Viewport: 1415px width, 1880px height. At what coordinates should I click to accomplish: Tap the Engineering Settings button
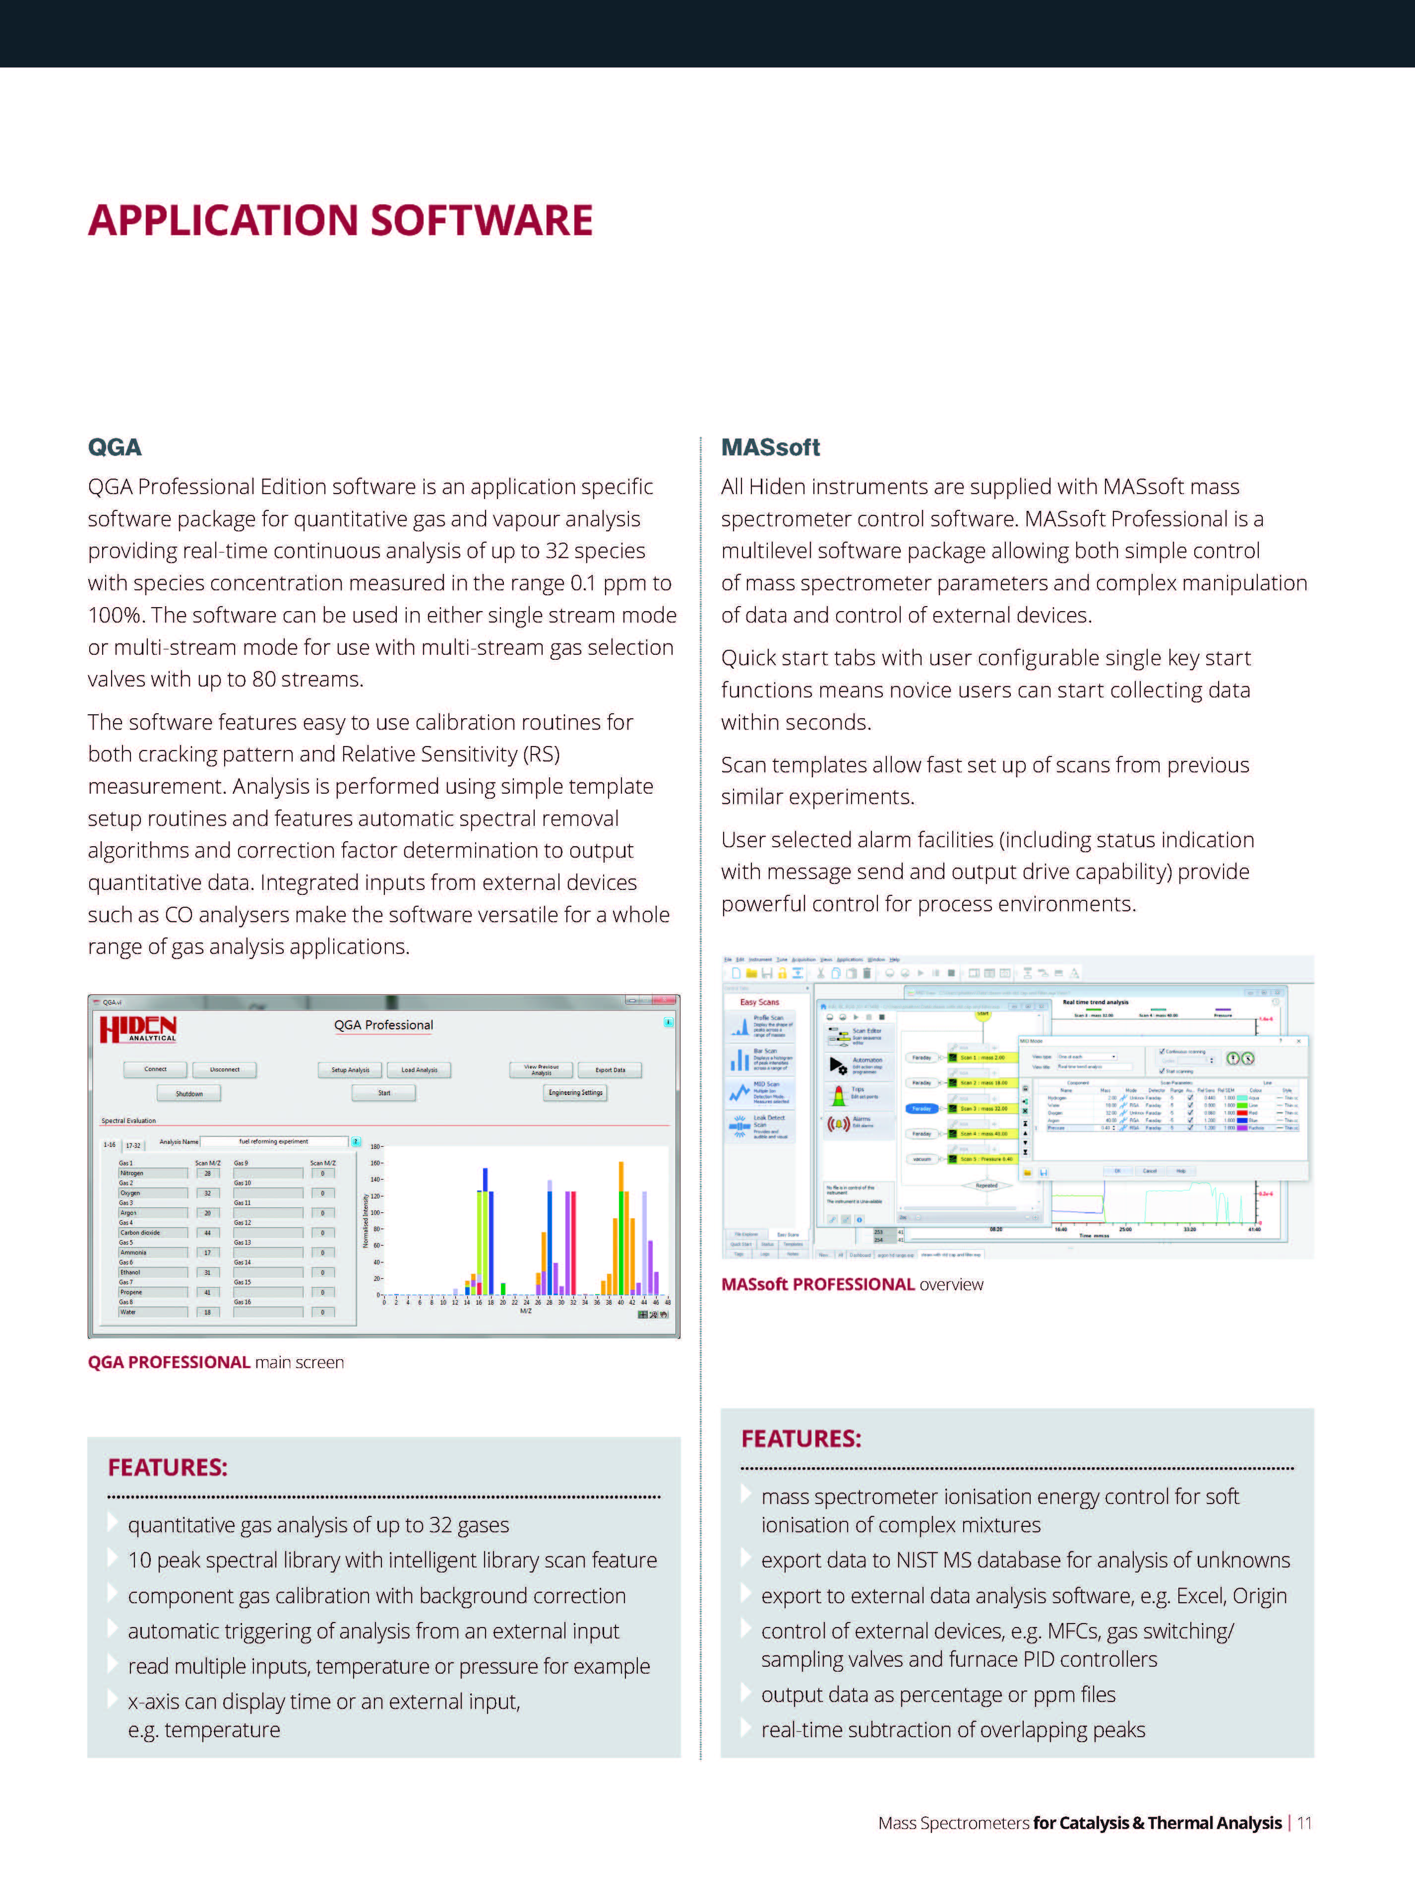(575, 1093)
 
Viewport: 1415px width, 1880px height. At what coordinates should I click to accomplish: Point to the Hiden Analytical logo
(138, 1029)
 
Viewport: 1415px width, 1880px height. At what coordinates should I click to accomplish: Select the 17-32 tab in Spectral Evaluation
(133, 1145)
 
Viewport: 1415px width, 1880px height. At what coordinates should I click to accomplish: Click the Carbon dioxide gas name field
(152, 1232)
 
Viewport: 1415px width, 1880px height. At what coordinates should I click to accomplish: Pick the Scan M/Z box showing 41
(207, 1292)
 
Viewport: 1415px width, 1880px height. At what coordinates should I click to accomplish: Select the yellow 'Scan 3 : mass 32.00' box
(984, 1108)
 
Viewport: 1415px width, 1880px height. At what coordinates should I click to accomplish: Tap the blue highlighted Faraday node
(922, 1108)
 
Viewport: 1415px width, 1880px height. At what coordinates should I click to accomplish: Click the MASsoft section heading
(770, 447)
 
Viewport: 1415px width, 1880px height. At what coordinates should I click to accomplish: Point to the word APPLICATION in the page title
(223, 220)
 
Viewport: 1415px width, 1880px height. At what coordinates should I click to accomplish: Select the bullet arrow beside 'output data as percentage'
(746, 1692)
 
